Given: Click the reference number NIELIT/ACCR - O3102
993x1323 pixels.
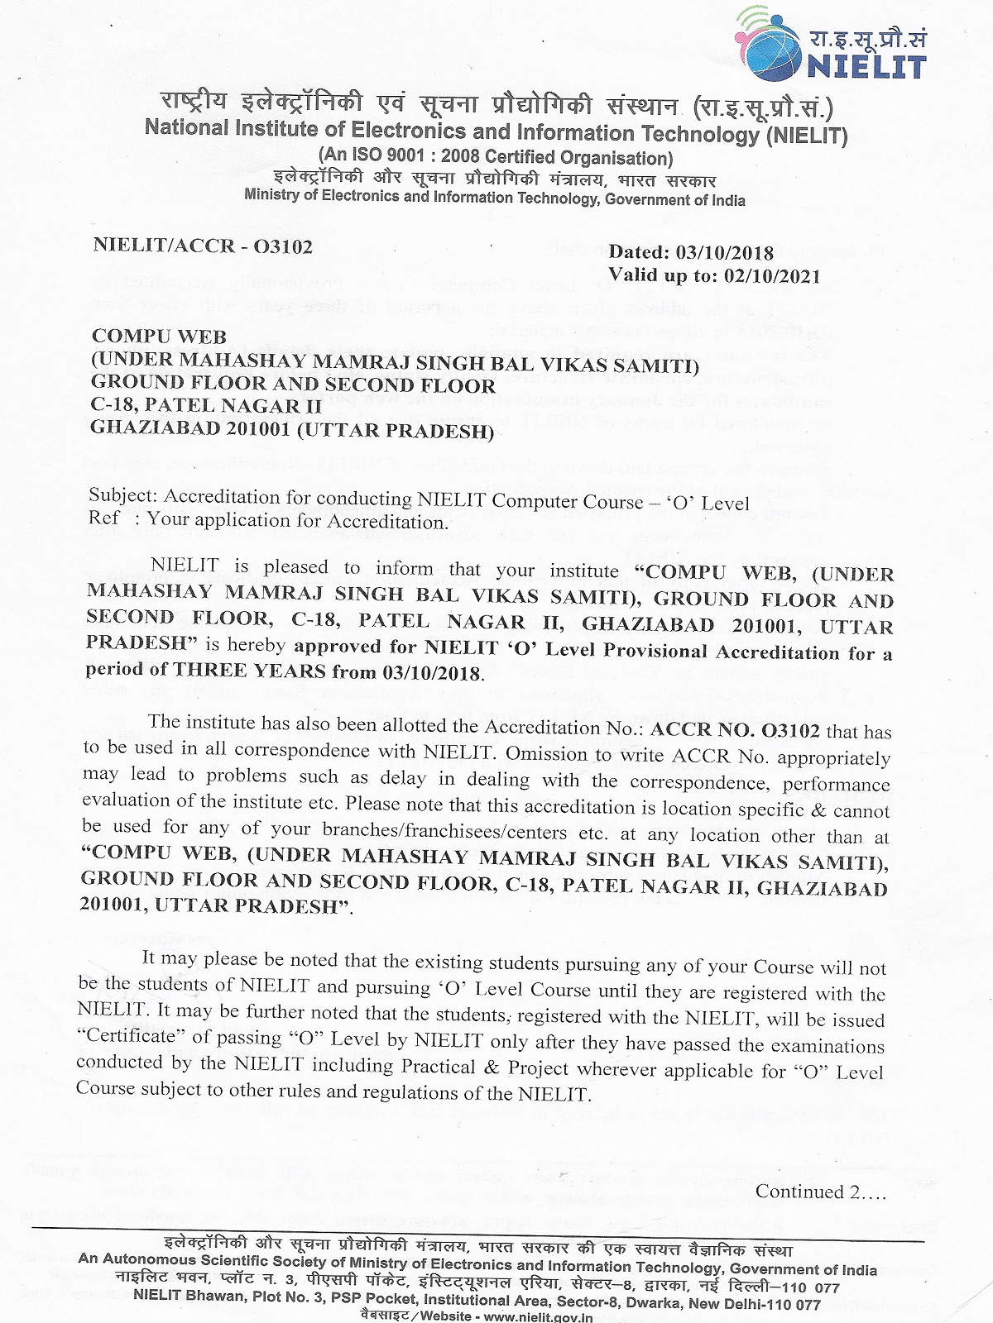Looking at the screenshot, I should (203, 246).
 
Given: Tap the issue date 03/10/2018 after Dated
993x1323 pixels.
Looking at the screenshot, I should (725, 252).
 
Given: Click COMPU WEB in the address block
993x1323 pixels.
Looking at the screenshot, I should (159, 336).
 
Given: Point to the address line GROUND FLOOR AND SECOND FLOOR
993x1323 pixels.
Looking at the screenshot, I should (293, 384).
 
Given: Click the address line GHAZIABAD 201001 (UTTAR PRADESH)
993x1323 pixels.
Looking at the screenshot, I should (292, 429).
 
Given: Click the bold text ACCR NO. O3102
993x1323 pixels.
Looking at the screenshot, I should (736, 731).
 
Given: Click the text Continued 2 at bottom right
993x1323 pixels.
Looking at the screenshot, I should (819, 1192).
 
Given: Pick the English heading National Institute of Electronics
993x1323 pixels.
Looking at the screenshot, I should (496, 132).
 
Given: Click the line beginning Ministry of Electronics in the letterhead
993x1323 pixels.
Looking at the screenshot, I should (495, 198).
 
